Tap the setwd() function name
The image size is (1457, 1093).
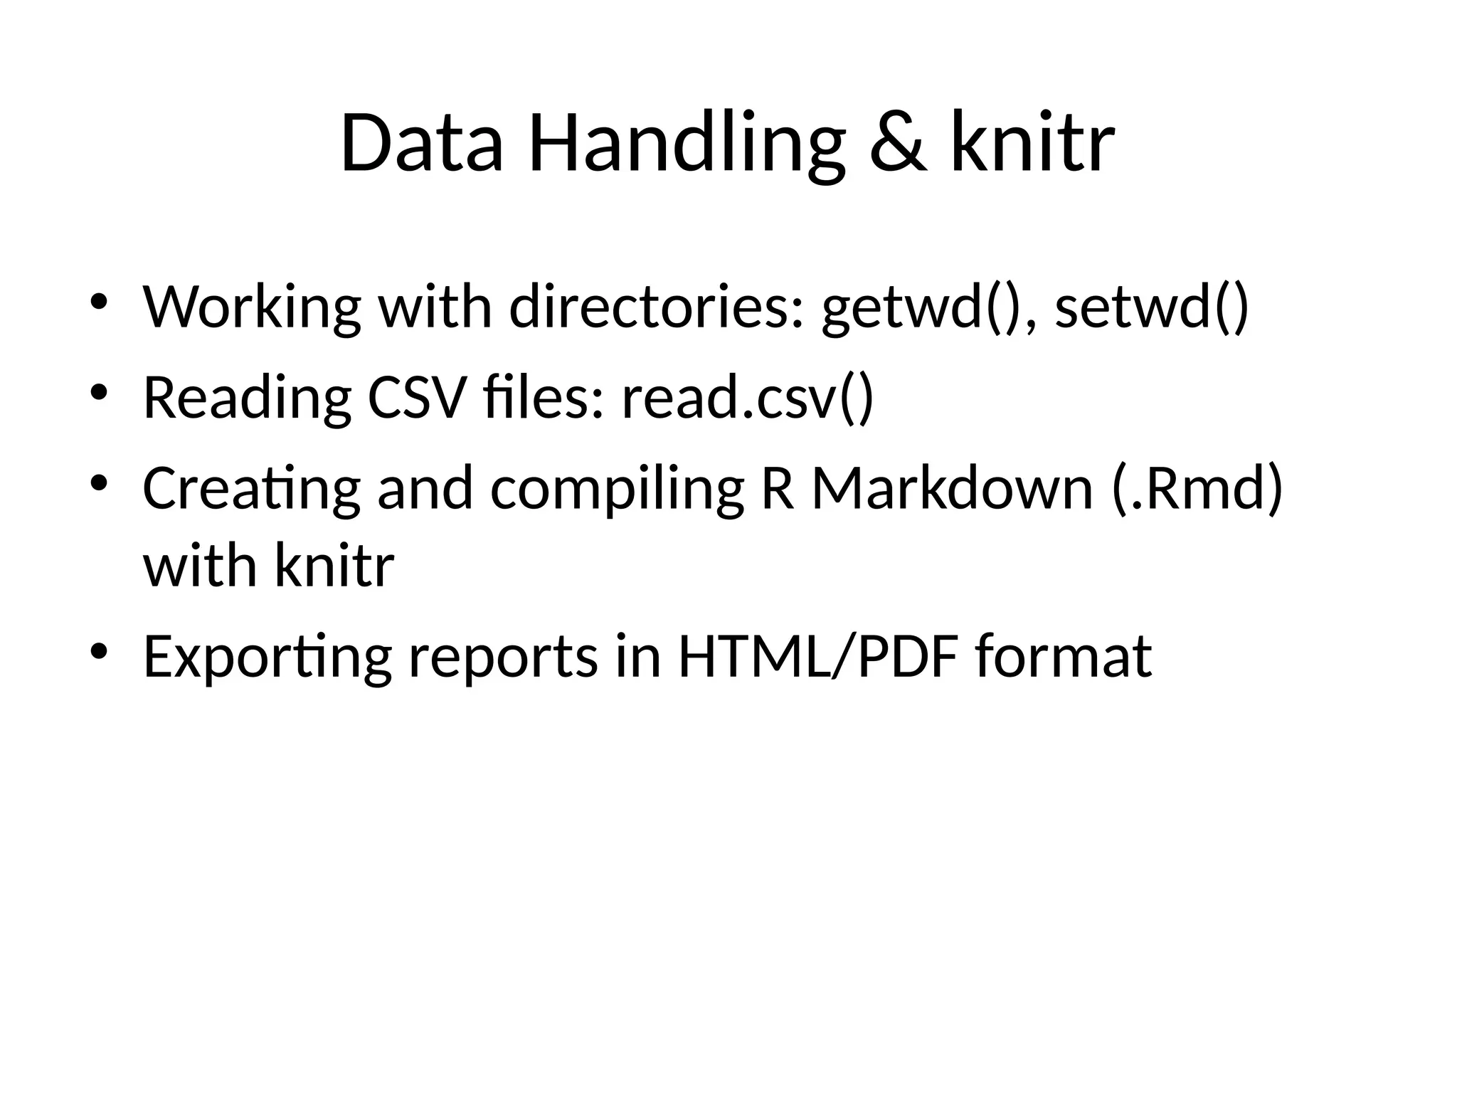[1151, 307]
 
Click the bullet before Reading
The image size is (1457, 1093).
[99, 392]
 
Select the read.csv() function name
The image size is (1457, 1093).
[747, 398]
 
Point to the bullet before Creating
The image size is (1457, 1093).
[99, 483]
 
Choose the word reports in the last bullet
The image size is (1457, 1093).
[502, 658]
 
